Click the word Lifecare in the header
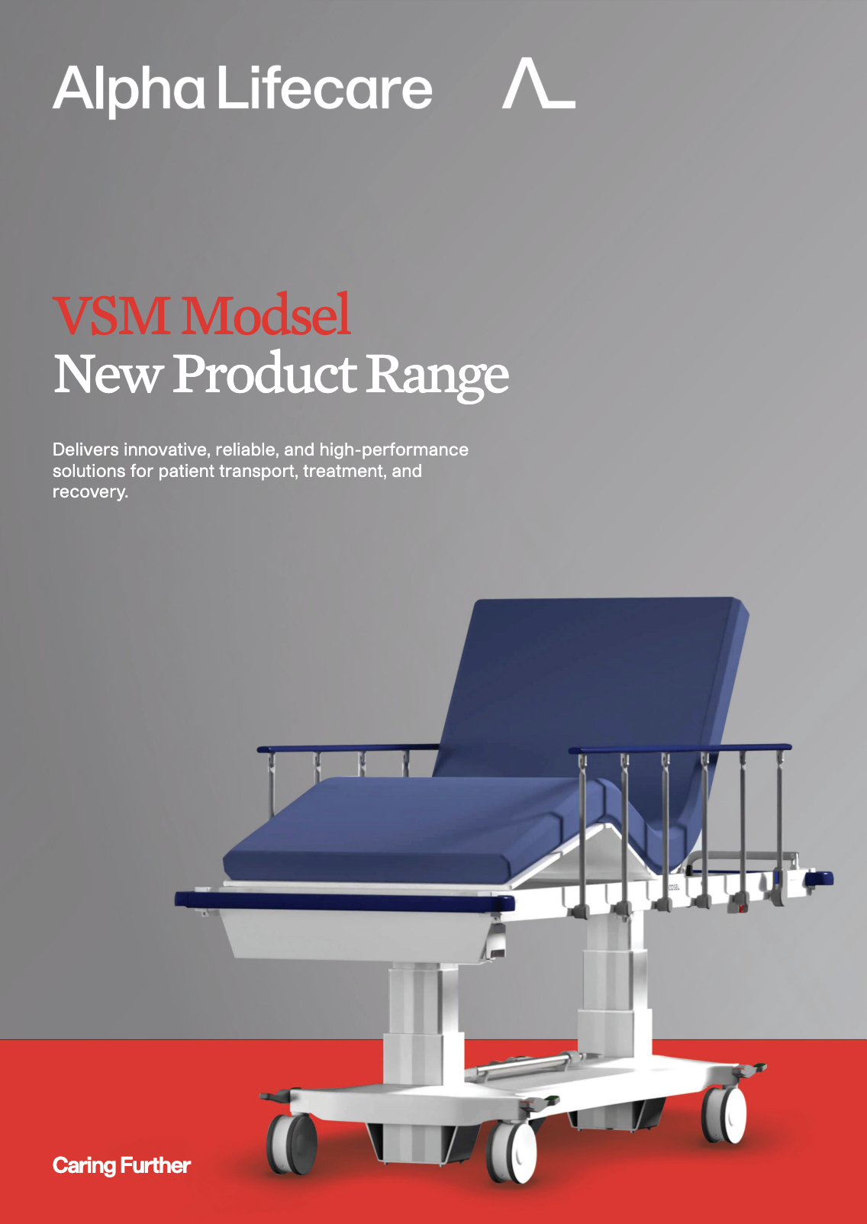click(325, 87)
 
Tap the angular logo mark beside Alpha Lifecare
click(539, 83)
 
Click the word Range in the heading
click(437, 377)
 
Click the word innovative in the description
click(166, 449)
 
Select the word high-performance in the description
click(394, 450)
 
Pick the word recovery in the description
click(90, 492)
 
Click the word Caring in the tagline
click(84, 1166)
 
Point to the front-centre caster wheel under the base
click(511, 1152)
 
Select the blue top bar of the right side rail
click(680, 748)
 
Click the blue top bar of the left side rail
click(348, 747)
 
